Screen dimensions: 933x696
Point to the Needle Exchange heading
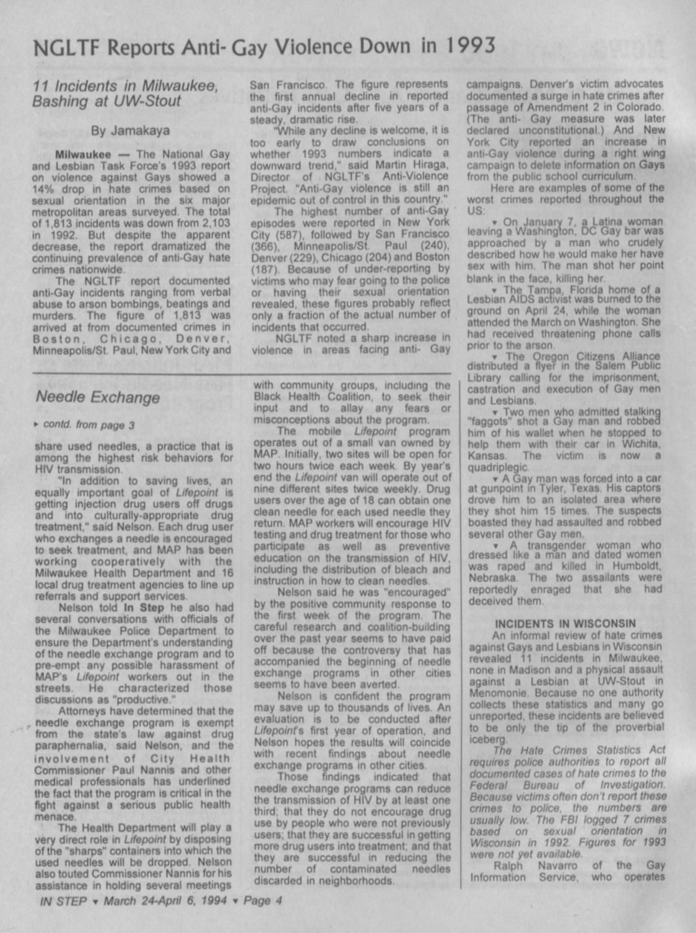98,397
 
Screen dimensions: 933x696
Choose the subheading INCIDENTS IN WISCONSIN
565,623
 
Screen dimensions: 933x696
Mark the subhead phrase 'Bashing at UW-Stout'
107,101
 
